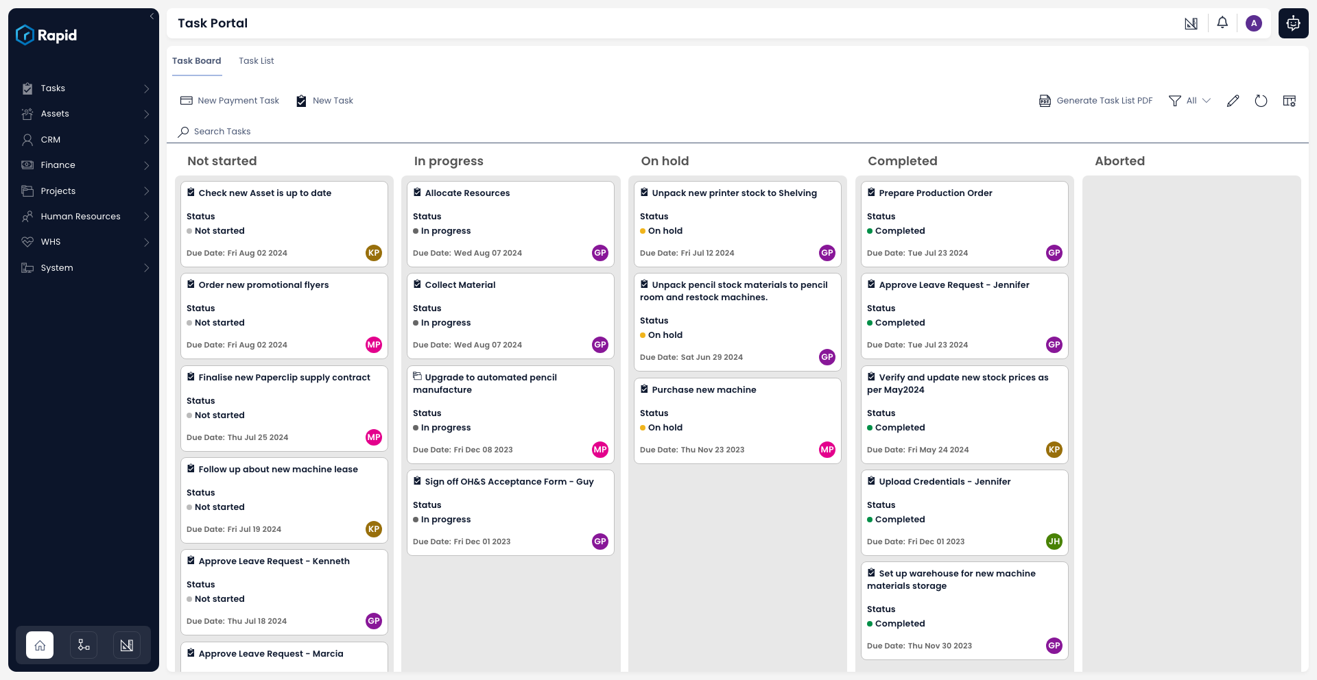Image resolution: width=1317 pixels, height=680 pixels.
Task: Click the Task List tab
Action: pos(256,61)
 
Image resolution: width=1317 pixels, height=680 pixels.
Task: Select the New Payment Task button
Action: pos(230,101)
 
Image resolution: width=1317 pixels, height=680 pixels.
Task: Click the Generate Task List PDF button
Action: pos(1095,101)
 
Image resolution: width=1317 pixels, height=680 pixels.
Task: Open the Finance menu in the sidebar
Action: pos(58,165)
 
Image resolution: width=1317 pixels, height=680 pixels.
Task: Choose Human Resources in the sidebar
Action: pos(80,217)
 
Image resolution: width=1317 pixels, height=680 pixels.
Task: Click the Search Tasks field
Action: pos(222,132)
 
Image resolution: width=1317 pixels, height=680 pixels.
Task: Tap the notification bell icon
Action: pos(1222,23)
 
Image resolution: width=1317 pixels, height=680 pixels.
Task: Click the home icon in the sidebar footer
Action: pos(40,645)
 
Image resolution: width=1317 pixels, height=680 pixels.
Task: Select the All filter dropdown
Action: pos(1190,101)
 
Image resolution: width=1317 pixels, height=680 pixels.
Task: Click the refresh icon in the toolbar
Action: pos(1261,101)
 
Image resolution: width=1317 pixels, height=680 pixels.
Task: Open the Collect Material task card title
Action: pos(460,285)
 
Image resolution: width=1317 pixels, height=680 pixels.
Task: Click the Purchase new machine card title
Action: pos(704,390)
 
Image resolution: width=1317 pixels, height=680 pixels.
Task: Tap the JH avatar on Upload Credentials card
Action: pos(1054,542)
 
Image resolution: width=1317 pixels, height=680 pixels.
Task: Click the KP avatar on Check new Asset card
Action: pos(373,253)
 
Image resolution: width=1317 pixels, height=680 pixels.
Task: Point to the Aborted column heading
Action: pos(1119,161)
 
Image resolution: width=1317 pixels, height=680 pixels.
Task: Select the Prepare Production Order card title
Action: pos(935,193)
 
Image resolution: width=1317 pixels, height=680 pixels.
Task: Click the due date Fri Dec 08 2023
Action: pos(483,450)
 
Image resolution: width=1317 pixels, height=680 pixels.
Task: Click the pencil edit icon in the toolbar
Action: pos(1233,101)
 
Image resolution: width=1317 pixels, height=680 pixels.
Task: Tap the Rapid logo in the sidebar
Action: pos(47,35)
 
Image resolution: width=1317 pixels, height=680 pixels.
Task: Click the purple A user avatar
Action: pos(1254,23)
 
